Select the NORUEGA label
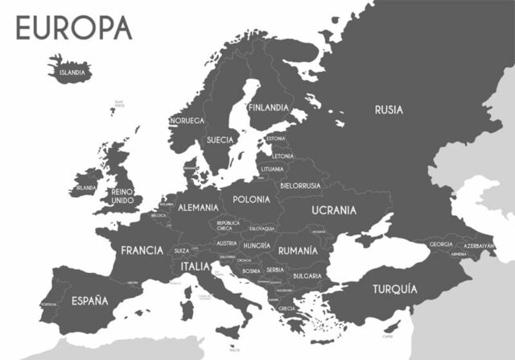pyautogui.click(x=187, y=121)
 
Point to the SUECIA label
pyautogui.click(x=220, y=139)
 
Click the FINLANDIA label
pyautogui.click(x=268, y=107)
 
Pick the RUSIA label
pyautogui.click(x=389, y=110)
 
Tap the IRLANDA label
pyautogui.click(x=86, y=188)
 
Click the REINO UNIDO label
pyautogui.click(x=122, y=195)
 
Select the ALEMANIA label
pyautogui.click(x=198, y=207)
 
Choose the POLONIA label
pyautogui.click(x=251, y=199)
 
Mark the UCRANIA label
pyautogui.click(x=334, y=210)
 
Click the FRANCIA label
pyautogui.click(x=142, y=250)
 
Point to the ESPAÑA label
pyautogui.click(x=89, y=300)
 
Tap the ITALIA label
pyautogui.click(x=196, y=266)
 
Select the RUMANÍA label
pyautogui.click(x=292, y=250)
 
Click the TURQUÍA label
pyautogui.click(x=394, y=288)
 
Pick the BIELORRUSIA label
pyautogui.click(x=300, y=185)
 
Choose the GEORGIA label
pyautogui.click(x=441, y=244)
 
